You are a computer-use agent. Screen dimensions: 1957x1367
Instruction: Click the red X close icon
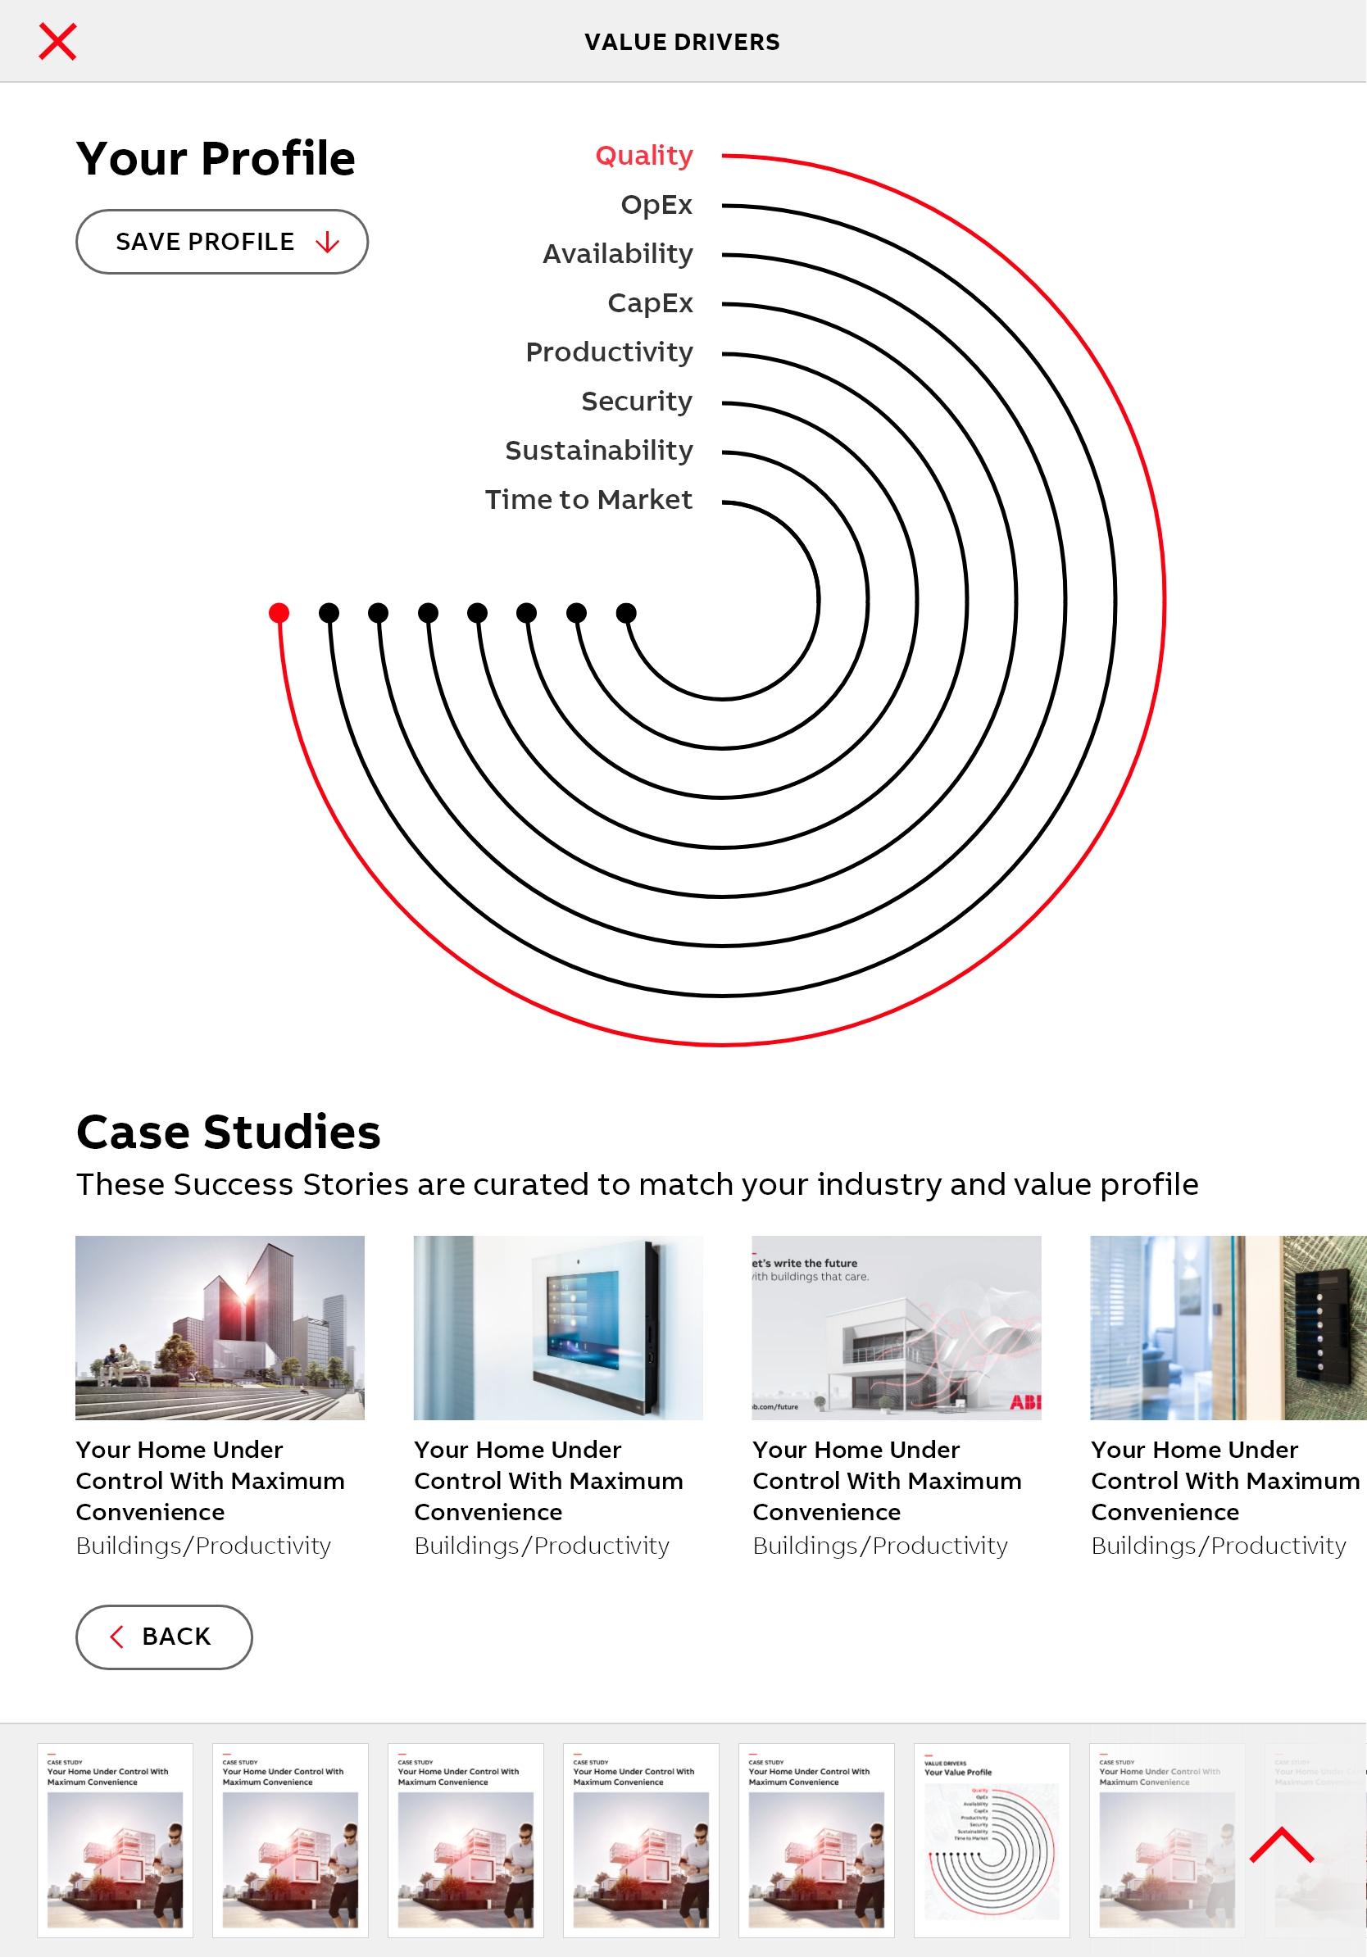[58, 42]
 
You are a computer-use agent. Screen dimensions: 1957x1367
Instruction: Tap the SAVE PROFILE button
[221, 242]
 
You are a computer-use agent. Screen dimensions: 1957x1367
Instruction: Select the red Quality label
[643, 156]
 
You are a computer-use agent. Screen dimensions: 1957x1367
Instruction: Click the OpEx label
[656, 206]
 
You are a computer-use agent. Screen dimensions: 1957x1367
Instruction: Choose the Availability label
[617, 254]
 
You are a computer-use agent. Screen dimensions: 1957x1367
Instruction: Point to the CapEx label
[649, 303]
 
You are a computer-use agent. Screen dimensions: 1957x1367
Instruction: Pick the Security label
[636, 402]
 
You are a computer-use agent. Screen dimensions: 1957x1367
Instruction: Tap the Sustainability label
[598, 451]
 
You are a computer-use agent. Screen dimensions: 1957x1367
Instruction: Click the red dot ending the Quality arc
[279, 613]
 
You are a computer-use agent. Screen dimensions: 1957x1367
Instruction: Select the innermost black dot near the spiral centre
[626, 613]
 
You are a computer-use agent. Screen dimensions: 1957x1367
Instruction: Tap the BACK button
[164, 1637]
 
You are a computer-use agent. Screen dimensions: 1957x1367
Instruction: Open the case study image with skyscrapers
[220, 1327]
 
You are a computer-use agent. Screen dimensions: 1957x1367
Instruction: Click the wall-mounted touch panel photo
[558, 1327]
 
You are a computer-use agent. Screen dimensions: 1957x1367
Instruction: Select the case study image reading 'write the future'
[896, 1327]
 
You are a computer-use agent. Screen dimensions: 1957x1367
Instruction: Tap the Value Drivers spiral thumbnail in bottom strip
[991, 1839]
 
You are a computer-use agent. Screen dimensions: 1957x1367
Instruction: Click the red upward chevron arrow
[1281, 1846]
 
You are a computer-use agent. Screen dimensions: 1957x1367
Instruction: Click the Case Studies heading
[229, 1132]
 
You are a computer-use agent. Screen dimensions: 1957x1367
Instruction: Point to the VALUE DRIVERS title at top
[682, 42]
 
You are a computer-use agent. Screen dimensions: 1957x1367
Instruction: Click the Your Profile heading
[216, 158]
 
